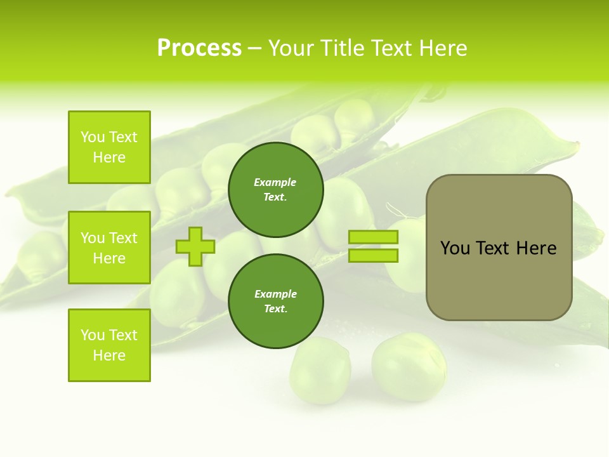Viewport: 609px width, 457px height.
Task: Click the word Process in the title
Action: [199, 48]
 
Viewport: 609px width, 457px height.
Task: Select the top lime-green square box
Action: [109, 147]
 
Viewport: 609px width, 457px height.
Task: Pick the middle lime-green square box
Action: [109, 248]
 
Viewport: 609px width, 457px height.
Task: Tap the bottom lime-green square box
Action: [109, 345]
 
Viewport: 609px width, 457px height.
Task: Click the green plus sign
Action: [195, 246]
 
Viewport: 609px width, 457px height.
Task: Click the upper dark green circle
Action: [275, 190]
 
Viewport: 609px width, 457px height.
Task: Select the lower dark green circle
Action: [275, 301]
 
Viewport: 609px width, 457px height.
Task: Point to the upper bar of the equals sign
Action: [373, 237]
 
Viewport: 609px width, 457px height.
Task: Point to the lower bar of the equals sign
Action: [373, 255]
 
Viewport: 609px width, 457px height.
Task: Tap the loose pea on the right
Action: [409, 367]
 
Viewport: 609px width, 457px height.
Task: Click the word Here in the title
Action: [444, 48]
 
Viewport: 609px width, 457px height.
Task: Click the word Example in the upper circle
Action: [275, 182]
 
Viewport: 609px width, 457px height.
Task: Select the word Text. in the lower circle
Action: [275, 309]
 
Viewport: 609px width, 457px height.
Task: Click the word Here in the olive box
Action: [536, 248]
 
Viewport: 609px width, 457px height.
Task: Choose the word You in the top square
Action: [93, 137]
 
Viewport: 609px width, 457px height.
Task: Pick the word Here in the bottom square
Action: [109, 355]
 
